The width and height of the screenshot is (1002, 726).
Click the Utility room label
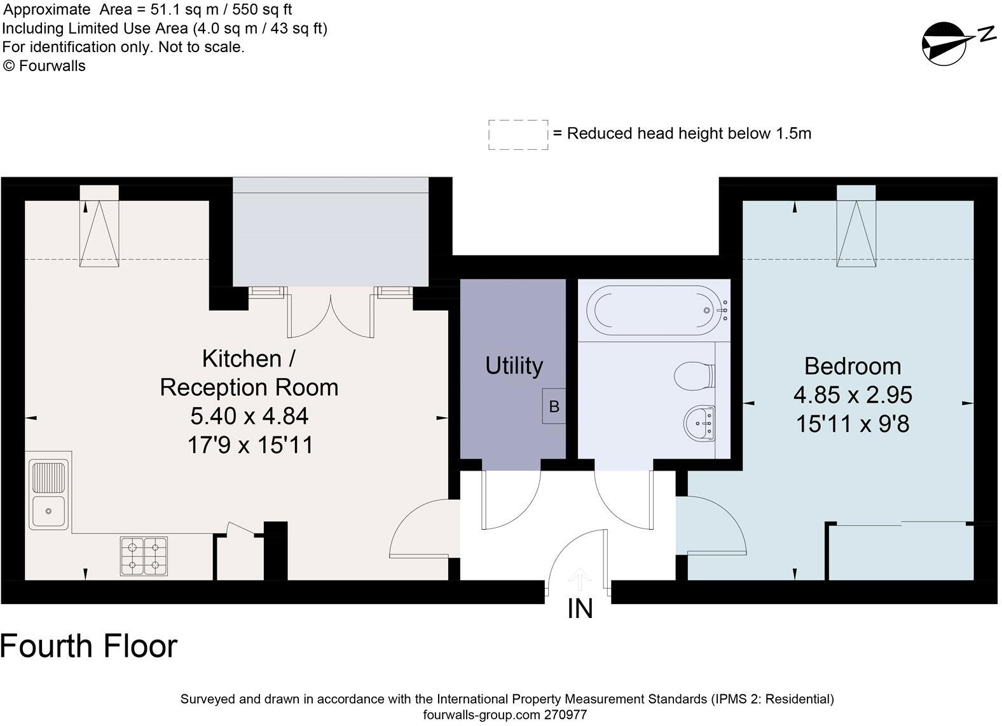[x=514, y=366]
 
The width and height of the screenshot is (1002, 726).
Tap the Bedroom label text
[x=853, y=366]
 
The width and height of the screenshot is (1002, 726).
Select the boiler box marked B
[x=554, y=406]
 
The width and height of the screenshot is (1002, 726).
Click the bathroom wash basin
[x=699, y=422]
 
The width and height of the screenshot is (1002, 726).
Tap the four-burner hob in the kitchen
[x=144, y=556]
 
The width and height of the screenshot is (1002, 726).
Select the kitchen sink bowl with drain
[x=48, y=511]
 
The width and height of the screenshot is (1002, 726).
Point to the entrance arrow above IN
[x=580, y=579]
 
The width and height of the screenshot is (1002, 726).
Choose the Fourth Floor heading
[x=88, y=647]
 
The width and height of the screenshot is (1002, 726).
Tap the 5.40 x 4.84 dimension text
[x=249, y=416]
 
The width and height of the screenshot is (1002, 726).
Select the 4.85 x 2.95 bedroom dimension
[x=853, y=395]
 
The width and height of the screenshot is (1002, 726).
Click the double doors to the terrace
[x=331, y=313]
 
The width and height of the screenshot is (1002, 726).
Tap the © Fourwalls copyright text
[x=44, y=66]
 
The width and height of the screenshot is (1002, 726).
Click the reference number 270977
[x=565, y=715]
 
